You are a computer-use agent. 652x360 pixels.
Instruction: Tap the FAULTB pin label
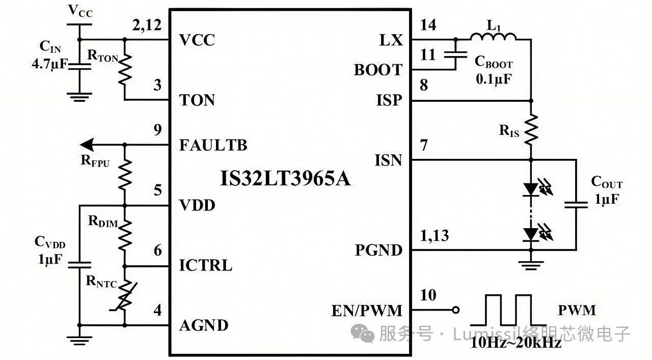(x=213, y=145)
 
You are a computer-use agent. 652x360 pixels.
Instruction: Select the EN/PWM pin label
(x=367, y=310)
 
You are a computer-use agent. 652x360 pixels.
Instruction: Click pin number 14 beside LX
(x=429, y=25)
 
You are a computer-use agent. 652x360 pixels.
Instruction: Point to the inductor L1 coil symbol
(x=493, y=36)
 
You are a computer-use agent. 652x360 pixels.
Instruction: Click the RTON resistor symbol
(x=124, y=70)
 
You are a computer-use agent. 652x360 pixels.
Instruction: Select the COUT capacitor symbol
(x=577, y=205)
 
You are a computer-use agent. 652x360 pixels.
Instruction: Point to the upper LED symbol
(x=531, y=189)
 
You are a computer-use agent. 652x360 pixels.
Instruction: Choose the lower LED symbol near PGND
(x=531, y=234)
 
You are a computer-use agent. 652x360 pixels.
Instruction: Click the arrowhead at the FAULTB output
(x=88, y=145)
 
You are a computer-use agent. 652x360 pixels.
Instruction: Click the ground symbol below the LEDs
(x=531, y=264)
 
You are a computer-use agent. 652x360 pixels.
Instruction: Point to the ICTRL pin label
(x=205, y=265)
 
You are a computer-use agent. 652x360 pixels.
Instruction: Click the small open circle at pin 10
(x=456, y=310)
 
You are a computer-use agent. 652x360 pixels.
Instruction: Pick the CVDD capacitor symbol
(x=79, y=264)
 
